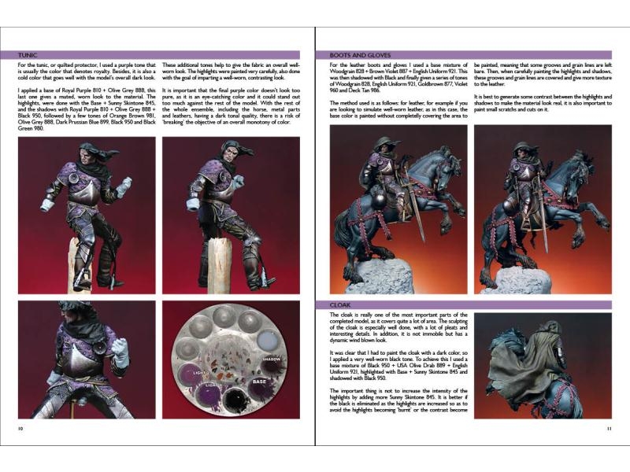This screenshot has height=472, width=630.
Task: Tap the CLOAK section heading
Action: (x=343, y=304)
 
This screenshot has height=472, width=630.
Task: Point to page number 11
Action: (x=609, y=428)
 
